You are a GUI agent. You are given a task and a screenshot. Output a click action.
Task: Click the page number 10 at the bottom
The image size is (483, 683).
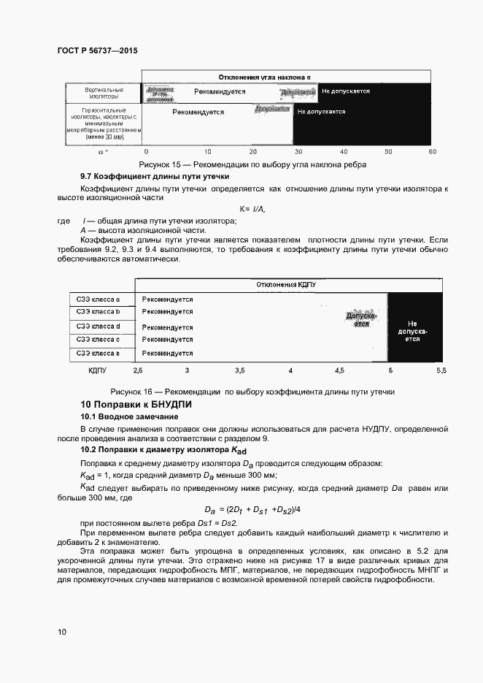tap(61, 630)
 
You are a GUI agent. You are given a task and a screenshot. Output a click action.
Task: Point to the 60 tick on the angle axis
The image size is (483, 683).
tap(433, 151)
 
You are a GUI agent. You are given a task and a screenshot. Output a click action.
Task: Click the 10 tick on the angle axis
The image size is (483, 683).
tap(208, 151)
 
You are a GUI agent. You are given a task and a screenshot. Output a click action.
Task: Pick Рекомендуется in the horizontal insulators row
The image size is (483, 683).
tap(198, 112)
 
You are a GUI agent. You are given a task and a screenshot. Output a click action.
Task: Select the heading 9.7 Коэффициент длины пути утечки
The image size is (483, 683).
tap(155, 177)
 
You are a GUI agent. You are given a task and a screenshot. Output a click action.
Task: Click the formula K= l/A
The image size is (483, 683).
tap(252, 210)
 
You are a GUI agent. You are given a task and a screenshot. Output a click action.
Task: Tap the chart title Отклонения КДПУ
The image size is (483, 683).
tap(290, 284)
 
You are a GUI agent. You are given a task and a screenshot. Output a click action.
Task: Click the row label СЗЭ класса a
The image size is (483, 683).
tap(98, 299)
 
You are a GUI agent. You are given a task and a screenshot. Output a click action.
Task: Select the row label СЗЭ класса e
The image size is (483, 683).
tap(98, 354)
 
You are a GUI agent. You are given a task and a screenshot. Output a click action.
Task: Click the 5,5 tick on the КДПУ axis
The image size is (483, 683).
tap(441, 371)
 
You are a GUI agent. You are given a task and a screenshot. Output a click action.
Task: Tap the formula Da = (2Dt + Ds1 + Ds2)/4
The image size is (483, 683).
tap(252, 510)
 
